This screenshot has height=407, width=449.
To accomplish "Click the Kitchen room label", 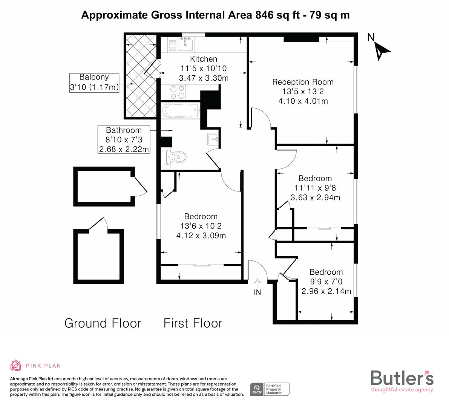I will click(204, 59).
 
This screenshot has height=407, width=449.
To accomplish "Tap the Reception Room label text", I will click(303, 82).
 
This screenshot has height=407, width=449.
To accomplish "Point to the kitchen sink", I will click(185, 44).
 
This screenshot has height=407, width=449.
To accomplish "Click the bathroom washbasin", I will click(213, 139).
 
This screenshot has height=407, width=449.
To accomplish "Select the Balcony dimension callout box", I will click(94, 83).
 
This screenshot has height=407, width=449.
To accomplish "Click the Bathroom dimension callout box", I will click(124, 140).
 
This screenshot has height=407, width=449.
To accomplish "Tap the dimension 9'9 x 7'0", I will click(326, 282).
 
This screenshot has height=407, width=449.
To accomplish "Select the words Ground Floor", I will click(103, 323).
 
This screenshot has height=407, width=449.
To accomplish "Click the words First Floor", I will click(193, 323).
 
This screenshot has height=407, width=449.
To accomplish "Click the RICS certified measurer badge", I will click(270, 389).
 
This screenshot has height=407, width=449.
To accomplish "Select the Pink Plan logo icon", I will click(16, 365).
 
